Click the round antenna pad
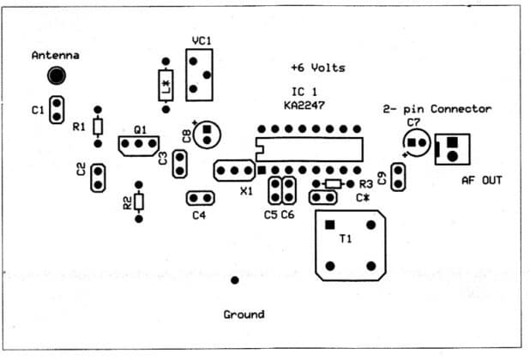coord(56,75)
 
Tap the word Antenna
coord(56,55)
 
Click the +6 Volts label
coord(317,68)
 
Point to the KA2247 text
coord(308,105)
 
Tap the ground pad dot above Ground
coord(234,279)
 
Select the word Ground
coord(244,314)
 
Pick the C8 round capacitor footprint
coord(207,135)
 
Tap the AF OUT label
coord(481,180)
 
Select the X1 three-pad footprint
coord(235,171)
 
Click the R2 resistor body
coord(138,202)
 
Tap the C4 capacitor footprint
coord(199,199)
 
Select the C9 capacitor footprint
coord(397,177)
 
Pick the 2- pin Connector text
coord(437,109)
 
